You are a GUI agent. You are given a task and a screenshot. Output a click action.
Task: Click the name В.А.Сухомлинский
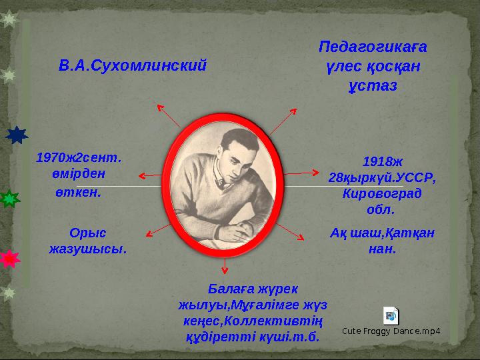(x=133, y=66)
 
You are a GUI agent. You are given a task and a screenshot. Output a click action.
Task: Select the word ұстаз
(x=373, y=87)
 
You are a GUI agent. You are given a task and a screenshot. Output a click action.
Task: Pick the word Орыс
(x=88, y=233)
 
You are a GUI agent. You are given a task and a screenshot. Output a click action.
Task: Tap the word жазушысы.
(x=88, y=249)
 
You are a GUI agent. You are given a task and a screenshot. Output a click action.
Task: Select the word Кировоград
(x=381, y=193)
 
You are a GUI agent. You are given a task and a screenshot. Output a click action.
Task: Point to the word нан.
(x=382, y=249)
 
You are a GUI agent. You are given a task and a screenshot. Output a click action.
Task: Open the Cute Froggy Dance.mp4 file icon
(x=391, y=316)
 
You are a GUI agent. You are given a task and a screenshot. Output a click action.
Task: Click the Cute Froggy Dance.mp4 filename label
(x=391, y=331)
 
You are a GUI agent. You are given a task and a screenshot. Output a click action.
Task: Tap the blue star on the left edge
(x=17, y=135)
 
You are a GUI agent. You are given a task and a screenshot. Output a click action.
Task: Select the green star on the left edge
(x=9, y=199)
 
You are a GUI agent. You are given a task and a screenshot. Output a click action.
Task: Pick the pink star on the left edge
(x=9, y=259)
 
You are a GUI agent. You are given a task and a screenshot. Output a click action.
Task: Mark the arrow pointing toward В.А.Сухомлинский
(x=167, y=114)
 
